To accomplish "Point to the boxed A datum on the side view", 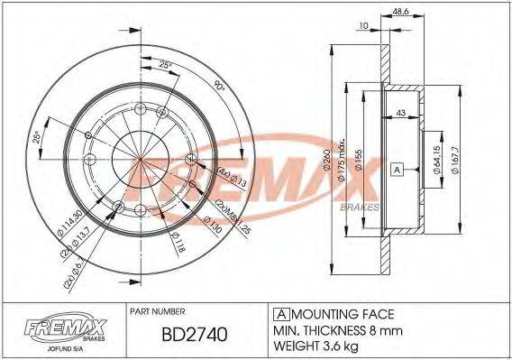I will click(396, 169).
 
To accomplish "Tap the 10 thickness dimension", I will click(362, 26).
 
